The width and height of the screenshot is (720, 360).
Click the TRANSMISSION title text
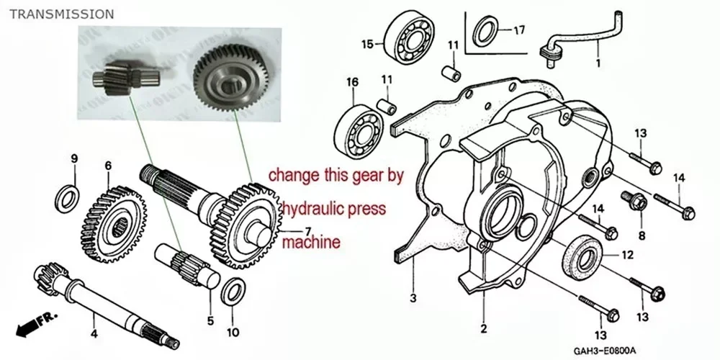[61, 14]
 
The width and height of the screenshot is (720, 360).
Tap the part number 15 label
[367, 44]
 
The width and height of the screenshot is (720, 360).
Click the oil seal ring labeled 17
[485, 31]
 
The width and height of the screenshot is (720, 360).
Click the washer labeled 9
[67, 199]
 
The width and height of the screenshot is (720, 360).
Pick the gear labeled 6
[112, 225]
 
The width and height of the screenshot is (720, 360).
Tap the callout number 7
[308, 230]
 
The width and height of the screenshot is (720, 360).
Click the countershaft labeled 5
[187, 266]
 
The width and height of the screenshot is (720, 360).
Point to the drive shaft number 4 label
[94, 334]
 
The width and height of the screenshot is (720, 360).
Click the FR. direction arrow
[36, 324]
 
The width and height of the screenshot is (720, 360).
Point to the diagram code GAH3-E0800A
[604, 351]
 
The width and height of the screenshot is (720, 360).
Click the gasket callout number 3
[413, 299]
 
